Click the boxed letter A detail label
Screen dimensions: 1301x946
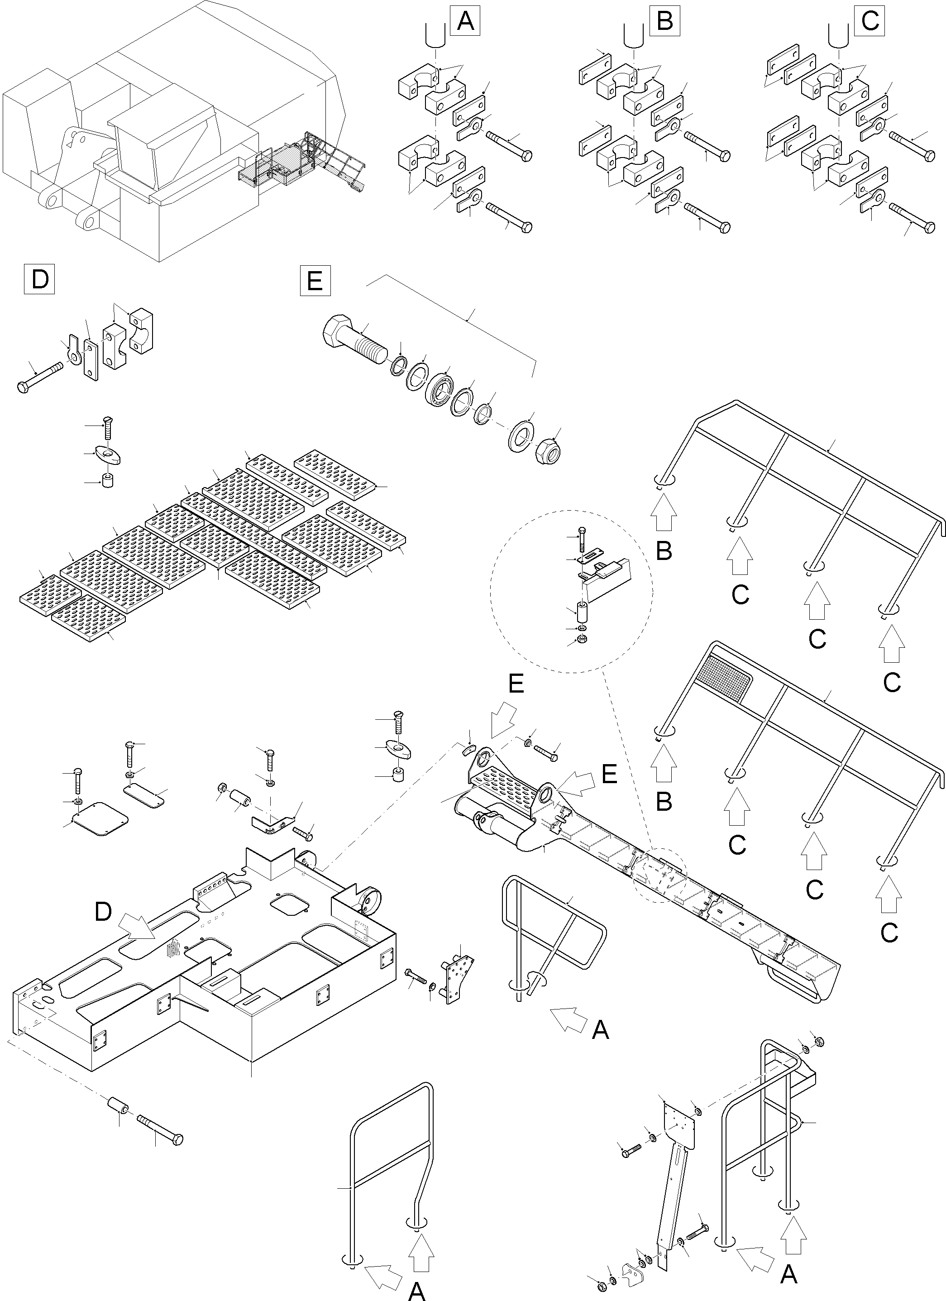click(465, 21)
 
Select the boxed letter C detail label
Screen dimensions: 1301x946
click(870, 21)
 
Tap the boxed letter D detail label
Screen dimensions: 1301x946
click(39, 279)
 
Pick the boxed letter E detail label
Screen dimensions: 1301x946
click(315, 281)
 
